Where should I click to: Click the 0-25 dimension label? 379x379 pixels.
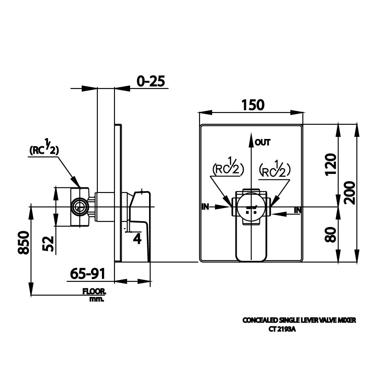pos(150,81)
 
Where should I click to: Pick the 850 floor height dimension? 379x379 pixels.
pos(24,243)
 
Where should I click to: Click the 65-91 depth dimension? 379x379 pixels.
pos(87,274)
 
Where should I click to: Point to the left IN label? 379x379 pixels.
pos(206,206)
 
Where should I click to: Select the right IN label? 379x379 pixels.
pos(297,209)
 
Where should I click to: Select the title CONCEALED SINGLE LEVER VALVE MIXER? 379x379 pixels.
pos(299,320)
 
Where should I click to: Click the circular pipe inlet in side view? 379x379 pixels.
pos(79,206)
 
